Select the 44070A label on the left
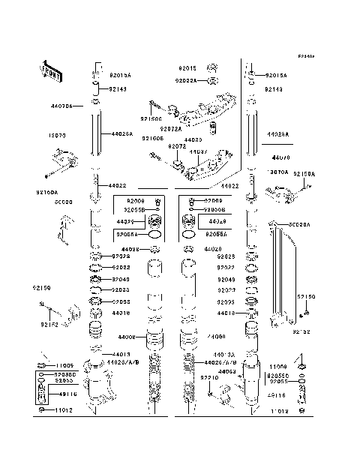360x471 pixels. click(x=63, y=107)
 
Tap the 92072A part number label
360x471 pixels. click(x=180, y=128)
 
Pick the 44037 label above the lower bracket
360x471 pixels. click(x=199, y=152)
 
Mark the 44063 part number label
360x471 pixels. click(x=229, y=370)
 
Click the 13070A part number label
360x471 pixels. click(x=278, y=172)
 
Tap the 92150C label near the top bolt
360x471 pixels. click(x=151, y=118)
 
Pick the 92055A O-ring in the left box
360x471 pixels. click(x=154, y=244)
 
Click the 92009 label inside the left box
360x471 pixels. click(x=136, y=201)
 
